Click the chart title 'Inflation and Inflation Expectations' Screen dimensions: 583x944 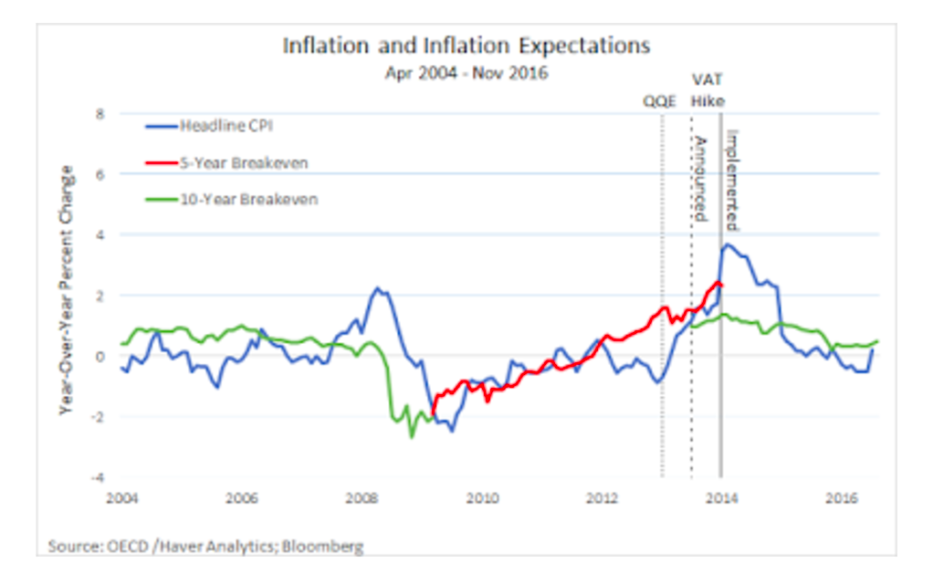[466, 46]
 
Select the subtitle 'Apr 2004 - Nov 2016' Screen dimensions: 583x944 [466, 73]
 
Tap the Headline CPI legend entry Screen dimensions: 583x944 [222, 127]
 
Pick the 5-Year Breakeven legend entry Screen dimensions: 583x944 [242, 163]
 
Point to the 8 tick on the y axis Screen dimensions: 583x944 [100, 114]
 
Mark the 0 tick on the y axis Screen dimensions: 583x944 [100, 357]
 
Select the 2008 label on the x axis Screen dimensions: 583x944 [362, 498]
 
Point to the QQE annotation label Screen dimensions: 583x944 [660, 101]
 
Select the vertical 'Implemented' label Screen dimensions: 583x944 [732, 180]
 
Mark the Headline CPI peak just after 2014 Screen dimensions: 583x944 [728, 245]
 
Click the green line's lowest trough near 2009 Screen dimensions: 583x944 [411, 436]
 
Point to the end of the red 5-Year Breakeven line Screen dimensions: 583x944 [721, 285]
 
